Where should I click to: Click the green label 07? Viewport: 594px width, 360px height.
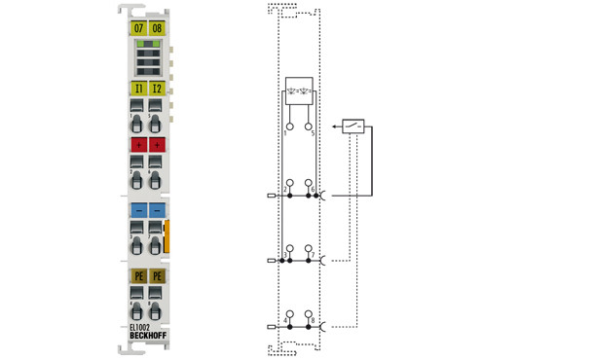[x=138, y=27]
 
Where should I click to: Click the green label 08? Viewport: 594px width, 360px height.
[x=158, y=27]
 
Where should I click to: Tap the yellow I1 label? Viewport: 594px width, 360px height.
[x=138, y=89]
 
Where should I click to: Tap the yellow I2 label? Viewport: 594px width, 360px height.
[x=158, y=89]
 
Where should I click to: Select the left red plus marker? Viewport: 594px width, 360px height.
[x=138, y=145]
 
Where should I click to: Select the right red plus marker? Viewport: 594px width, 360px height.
[x=158, y=145]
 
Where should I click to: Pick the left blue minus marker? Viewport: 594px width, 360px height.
[x=138, y=209]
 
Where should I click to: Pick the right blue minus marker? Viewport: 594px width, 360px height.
[x=158, y=209]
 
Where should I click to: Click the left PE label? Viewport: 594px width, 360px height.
[x=138, y=276]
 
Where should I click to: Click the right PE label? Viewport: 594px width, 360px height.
[x=158, y=276]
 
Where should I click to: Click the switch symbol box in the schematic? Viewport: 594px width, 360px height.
[x=353, y=126]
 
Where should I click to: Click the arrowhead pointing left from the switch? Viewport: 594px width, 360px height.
[x=334, y=126]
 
